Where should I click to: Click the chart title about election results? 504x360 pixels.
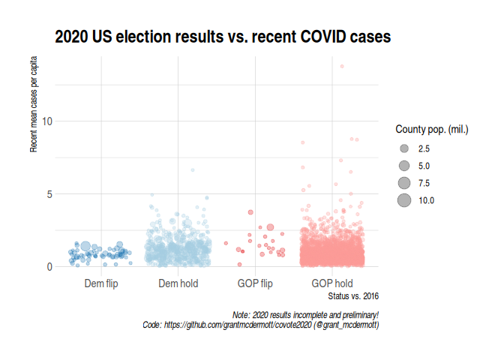[x=223, y=36]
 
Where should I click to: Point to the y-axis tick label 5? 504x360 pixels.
[x=49, y=194]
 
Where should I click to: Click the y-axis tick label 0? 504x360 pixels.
[x=49, y=267]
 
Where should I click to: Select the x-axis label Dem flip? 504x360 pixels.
[x=100, y=283]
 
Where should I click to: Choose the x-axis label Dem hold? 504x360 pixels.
[x=178, y=283]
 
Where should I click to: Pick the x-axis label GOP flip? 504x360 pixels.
[x=255, y=283]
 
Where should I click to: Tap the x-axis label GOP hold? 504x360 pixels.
[x=332, y=283]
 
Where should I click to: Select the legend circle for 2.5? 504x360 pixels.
[x=404, y=148]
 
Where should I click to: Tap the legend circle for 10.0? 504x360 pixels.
[x=404, y=200]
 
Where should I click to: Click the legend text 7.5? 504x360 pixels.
[x=424, y=183]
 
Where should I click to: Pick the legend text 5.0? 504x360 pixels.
[x=424, y=166]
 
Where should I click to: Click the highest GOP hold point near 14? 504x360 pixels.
[x=342, y=66]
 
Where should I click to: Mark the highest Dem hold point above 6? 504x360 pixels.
[x=193, y=170]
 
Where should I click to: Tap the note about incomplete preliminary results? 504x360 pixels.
[x=306, y=314]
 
